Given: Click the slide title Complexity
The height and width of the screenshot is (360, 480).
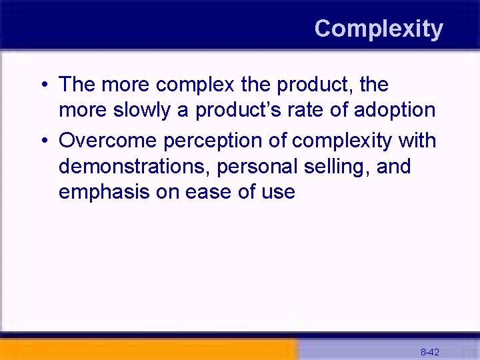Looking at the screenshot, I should point(378,29).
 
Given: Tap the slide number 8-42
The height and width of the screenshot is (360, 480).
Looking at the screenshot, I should point(429,351).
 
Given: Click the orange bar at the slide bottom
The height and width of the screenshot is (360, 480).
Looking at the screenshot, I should point(147,349).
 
